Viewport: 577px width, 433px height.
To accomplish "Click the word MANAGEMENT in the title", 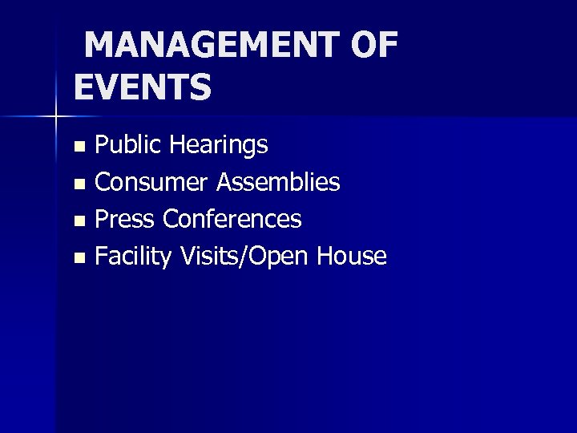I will coord(213,47).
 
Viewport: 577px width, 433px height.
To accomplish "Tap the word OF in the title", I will coord(373,47).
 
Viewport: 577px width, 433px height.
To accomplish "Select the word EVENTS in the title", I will coord(143,87).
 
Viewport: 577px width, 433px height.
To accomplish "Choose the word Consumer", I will coord(152,183).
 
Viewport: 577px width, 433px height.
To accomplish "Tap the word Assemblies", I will coord(279,183).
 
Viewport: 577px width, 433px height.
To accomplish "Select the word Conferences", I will coord(232,219).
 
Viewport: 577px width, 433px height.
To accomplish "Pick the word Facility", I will coord(133,257).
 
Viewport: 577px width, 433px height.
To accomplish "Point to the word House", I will coord(352,257).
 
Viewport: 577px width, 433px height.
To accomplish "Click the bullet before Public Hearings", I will coord(79,147).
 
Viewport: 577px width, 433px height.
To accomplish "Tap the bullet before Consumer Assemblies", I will coord(79,184).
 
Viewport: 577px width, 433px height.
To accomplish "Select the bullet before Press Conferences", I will coord(79,221).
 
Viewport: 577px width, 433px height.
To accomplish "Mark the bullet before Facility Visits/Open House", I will coord(79,258).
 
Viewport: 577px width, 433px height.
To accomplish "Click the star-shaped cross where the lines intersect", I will coord(56,116).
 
